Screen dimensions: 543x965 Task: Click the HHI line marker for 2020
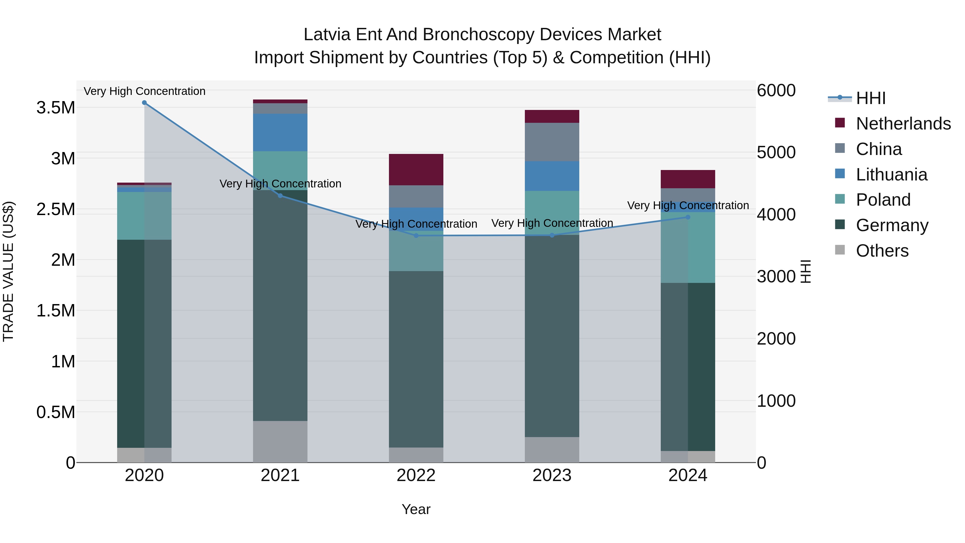(x=144, y=103)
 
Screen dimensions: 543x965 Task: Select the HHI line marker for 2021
(x=280, y=196)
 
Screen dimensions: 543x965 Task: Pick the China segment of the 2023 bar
(x=552, y=142)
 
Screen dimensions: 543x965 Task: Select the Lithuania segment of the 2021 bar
(x=280, y=132)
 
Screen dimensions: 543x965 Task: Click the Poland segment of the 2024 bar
(x=688, y=247)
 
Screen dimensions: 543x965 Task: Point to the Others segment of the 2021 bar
(x=280, y=441)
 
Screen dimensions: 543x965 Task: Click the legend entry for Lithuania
(x=892, y=175)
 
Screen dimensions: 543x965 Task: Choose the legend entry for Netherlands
(x=903, y=124)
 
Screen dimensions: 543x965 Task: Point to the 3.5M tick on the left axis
(x=55, y=108)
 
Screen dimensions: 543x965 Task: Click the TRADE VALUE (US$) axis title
(x=8, y=271)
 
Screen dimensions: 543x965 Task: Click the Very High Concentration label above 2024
(x=688, y=205)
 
